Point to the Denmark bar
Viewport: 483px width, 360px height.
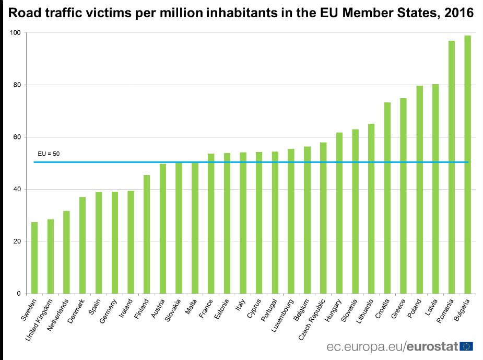tap(83, 245)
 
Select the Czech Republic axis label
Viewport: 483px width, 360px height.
tap(313, 319)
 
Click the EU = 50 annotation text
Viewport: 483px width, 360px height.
tap(49, 154)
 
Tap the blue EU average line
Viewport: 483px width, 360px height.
tap(251, 162)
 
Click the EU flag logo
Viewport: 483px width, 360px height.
tap(466, 346)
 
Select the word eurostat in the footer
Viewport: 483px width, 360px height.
tap(432, 346)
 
